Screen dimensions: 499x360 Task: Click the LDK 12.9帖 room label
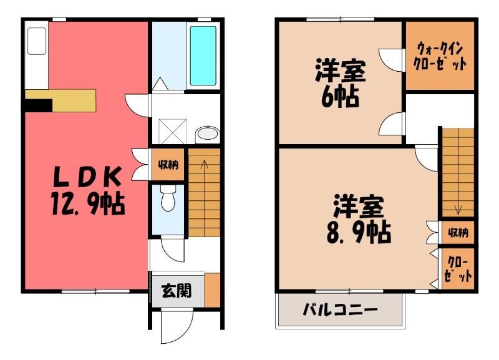pyautogui.click(x=87, y=191)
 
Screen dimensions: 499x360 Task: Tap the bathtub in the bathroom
pyautogui.click(x=203, y=56)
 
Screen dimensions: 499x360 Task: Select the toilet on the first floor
pyautogui.click(x=168, y=198)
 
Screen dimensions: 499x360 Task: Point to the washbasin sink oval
pyautogui.click(x=208, y=134)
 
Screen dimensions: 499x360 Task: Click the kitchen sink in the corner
pyautogui.click(x=37, y=41)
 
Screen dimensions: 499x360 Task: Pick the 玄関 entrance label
pyautogui.click(x=177, y=291)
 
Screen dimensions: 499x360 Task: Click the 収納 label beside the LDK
pyautogui.click(x=168, y=165)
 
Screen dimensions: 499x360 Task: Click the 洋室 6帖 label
pyautogui.click(x=340, y=84)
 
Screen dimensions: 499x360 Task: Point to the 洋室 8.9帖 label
pyautogui.click(x=359, y=220)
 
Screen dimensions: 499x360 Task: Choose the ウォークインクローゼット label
pyautogui.click(x=440, y=56)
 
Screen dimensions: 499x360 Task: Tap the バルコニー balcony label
pyautogui.click(x=340, y=309)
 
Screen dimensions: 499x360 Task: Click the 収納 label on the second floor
pyautogui.click(x=458, y=233)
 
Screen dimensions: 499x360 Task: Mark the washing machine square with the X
pyautogui.click(x=172, y=132)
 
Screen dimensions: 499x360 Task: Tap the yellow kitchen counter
pyautogui.click(x=61, y=100)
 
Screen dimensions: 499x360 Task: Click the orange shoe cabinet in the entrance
pyautogui.click(x=212, y=289)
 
